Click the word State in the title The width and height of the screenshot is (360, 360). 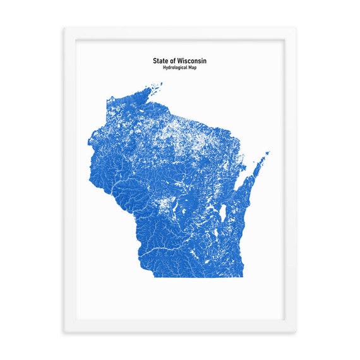point(160,61)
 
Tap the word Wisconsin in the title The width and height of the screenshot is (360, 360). point(192,61)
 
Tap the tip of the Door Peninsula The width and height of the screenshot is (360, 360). point(268,152)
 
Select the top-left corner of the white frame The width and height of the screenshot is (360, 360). point(65,28)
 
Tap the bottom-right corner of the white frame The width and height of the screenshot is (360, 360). point(295,332)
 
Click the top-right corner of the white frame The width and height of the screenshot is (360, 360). point(295,28)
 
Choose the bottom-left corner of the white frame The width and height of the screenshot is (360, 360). point(65,332)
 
